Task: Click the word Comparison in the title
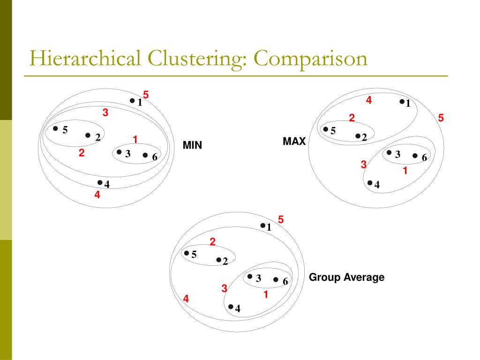tap(311, 60)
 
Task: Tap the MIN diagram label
tap(192, 145)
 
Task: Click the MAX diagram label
tap(294, 141)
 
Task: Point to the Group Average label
tap(346, 277)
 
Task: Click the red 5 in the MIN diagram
tap(146, 95)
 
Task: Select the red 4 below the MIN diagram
tap(97, 195)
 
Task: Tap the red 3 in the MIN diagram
tap(105, 112)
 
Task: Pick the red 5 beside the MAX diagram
tap(441, 118)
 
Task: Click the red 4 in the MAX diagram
tap(369, 100)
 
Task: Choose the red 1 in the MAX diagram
tap(405, 171)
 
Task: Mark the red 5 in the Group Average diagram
tap(281, 219)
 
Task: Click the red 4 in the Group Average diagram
tap(186, 299)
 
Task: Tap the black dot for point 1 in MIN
tap(132, 100)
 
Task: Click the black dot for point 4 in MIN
tap(100, 182)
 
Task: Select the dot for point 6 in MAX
tap(415, 156)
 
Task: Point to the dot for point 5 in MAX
tap(326, 129)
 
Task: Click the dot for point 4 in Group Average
tap(231, 307)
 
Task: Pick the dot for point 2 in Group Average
tap(218, 259)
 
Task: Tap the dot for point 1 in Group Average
tap(263, 225)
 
